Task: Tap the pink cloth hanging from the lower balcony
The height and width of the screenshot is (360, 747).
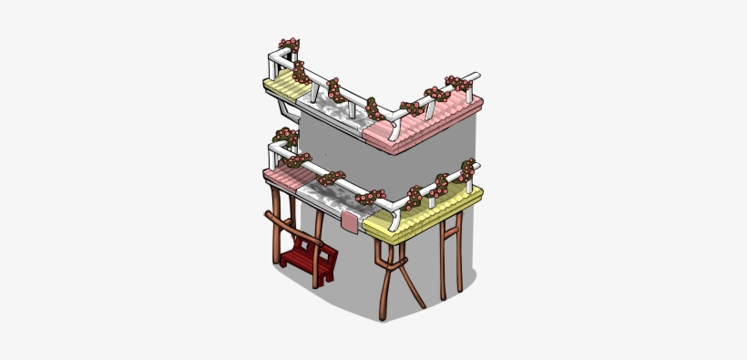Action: point(351,221)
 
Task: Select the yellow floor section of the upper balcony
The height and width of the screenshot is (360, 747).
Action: point(285,88)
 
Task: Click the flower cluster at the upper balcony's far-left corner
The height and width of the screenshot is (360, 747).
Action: point(290,46)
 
